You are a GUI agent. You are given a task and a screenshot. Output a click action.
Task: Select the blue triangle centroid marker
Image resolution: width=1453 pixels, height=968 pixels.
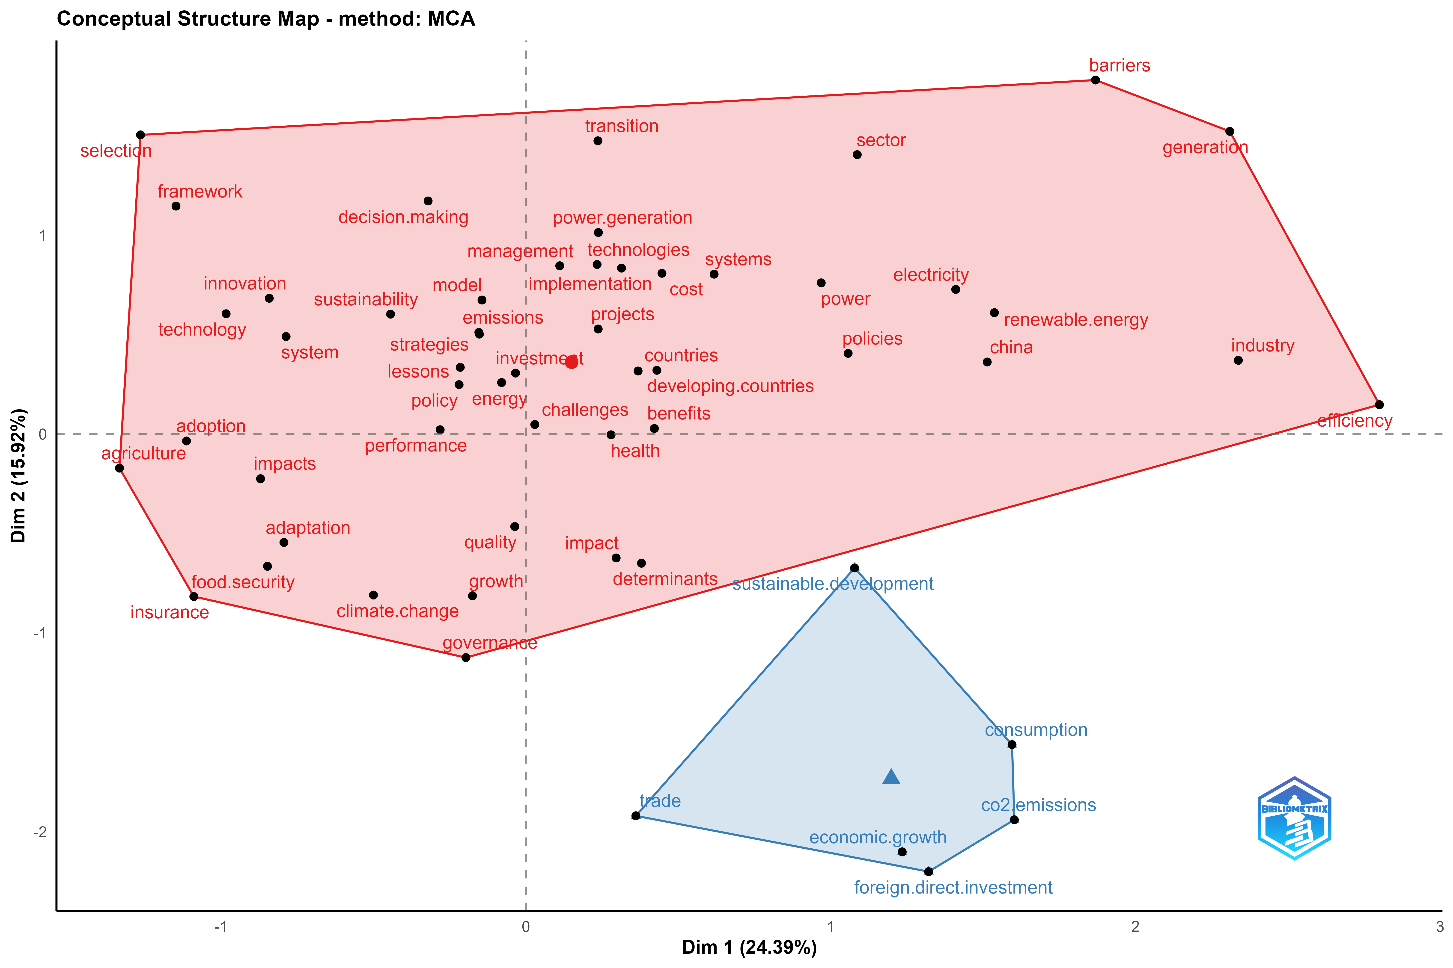coord(891,777)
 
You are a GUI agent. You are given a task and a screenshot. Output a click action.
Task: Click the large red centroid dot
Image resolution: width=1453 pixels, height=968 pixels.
coord(572,362)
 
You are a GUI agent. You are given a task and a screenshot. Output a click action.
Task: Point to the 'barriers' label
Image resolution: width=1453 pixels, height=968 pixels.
coord(1120,65)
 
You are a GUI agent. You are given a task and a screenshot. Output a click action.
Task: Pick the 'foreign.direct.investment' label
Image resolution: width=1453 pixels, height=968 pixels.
coord(953,888)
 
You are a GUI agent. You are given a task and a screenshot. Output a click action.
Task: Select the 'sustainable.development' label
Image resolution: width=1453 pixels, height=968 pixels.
coord(833,584)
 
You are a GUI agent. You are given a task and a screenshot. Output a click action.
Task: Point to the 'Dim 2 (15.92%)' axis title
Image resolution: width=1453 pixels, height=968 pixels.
coord(18,475)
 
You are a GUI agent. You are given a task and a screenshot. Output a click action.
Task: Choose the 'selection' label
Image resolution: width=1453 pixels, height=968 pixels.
coord(116,151)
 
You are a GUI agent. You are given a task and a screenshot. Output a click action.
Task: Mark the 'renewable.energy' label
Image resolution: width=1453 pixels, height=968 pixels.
coord(1075,320)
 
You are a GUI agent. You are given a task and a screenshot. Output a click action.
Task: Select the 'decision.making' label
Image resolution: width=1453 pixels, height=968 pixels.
coord(403,217)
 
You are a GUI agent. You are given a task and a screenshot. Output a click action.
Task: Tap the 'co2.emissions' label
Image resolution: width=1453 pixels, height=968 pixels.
coord(1039,805)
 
